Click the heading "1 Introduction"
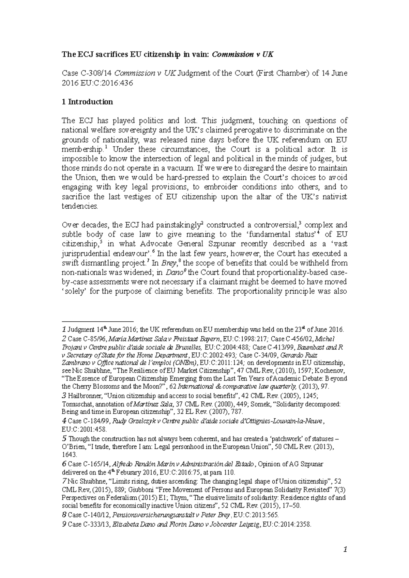tap(87, 102)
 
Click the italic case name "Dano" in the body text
tap(175, 273)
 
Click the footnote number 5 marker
tap(64, 439)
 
